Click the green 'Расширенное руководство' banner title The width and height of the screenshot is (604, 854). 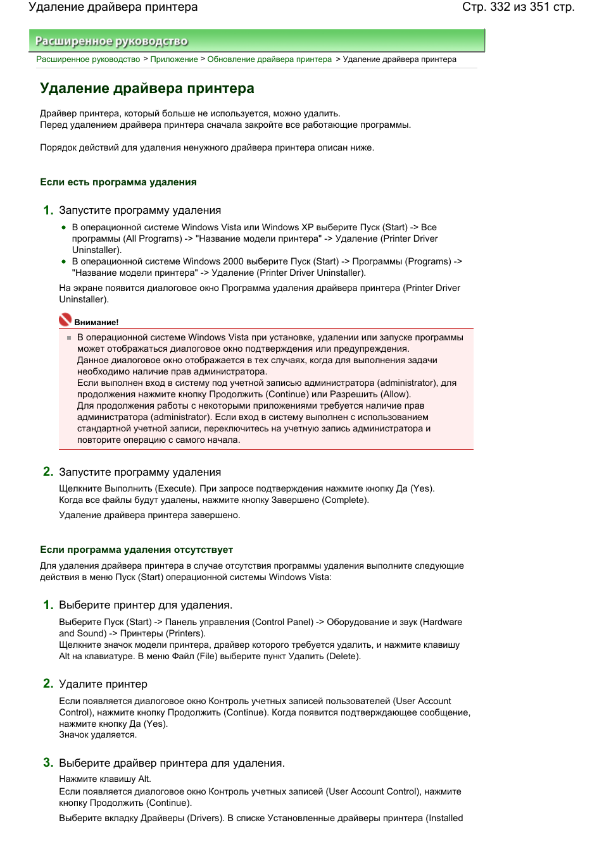click(x=111, y=41)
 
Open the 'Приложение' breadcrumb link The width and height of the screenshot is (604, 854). click(x=174, y=59)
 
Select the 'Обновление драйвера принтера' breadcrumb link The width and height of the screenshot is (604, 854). click(x=269, y=59)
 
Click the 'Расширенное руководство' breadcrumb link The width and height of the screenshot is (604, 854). click(x=88, y=59)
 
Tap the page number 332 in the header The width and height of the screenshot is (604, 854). click(x=500, y=7)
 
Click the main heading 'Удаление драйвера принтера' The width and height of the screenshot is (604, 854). click(x=147, y=89)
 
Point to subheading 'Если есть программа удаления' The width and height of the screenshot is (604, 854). click(x=118, y=182)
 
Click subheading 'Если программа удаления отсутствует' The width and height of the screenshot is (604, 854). click(x=136, y=550)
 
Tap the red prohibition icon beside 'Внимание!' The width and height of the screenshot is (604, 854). click(x=65, y=320)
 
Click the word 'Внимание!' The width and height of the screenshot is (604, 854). click(x=96, y=323)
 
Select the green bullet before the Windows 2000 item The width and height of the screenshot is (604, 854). click(x=63, y=261)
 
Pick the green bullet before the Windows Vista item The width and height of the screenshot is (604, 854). click(x=63, y=227)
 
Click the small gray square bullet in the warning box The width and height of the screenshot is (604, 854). click(x=69, y=338)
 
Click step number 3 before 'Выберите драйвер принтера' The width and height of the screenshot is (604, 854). click(x=48, y=762)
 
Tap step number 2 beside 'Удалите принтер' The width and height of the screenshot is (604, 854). click(x=48, y=683)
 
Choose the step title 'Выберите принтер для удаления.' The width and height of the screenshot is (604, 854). click(x=146, y=605)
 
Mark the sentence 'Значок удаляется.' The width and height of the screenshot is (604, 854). click(x=98, y=735)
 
